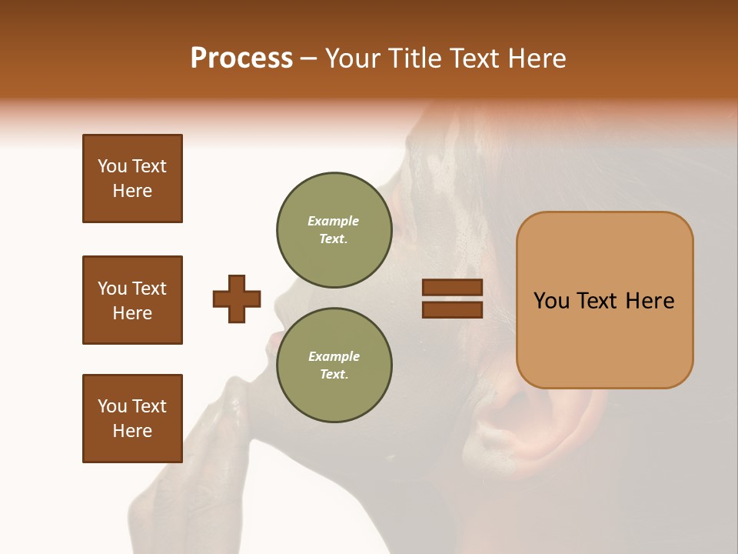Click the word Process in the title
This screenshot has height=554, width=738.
click(x=241, y=58)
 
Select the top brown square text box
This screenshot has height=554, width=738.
click(x=132, y=179)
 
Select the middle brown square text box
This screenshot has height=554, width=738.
click(x=132, y=300)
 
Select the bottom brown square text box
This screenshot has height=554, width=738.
click(x=132, y=419)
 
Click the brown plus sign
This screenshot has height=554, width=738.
click(x=237, y=299)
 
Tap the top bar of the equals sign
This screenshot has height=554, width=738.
click(x=452, y=287)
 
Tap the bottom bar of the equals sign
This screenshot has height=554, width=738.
click(x=452, y=309)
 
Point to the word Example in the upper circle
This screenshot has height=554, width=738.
click(x=334, y=221)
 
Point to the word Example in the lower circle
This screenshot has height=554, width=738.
click(x=334, y=356)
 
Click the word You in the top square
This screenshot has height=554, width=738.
click(x=111, y=166)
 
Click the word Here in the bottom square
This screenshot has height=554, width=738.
click(x=132, y=431)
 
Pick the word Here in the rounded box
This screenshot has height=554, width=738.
click(x=650, y=301)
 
